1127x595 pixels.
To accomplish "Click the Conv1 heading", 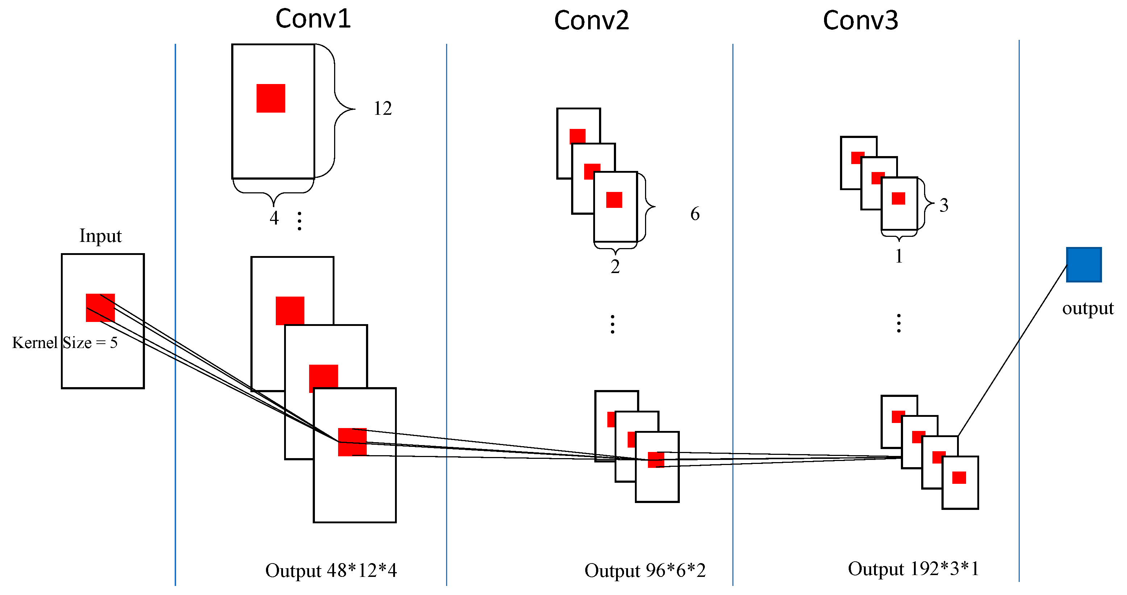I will click(313, 19).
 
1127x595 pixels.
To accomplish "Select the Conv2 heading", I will click(591, 21).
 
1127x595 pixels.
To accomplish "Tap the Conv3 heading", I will click(860, 21).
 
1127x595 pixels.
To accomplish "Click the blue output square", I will click(1083, 264).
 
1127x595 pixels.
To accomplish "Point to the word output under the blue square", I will click(1088, 308).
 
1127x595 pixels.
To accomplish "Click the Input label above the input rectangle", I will click(100, 236).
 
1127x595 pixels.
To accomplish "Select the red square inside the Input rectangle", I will click(100, 308).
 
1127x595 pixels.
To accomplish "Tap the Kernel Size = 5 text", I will click(65, 342).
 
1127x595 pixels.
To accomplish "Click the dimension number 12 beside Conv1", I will click(382, 108).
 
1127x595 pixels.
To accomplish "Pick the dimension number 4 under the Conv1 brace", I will click(274, 218).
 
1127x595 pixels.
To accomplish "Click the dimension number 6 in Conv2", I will click(695, 214).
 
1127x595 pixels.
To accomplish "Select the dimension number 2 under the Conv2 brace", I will click(615, 266).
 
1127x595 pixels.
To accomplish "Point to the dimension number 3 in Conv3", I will click(944, 205).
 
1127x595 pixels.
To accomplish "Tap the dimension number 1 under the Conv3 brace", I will click(899, 256).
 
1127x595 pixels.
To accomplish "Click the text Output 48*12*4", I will click(331, 570).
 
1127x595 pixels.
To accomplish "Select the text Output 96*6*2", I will click(645, 570).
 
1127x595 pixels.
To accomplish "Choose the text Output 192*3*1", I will click(914, 568).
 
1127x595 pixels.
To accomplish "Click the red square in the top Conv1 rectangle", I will click(271, 99).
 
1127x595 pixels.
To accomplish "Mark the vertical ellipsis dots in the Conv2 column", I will click(612, 324).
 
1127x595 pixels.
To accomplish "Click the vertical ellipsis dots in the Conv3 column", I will click(899, 323).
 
